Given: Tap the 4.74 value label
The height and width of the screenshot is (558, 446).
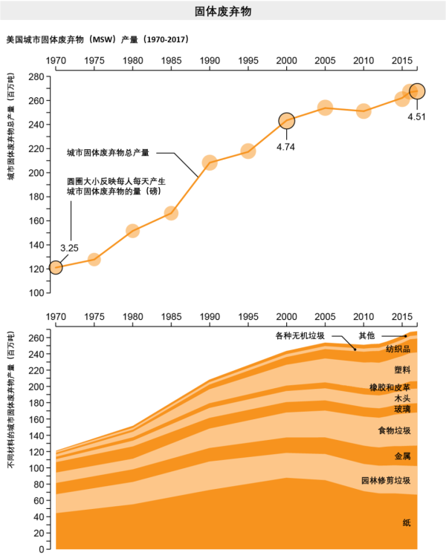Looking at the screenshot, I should coord(286,146).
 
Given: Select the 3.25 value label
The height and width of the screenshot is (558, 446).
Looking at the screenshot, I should coord(69,247).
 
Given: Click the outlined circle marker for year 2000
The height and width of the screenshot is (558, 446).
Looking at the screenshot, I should coord(287,121).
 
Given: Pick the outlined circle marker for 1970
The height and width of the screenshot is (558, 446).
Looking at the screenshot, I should coord(55,267).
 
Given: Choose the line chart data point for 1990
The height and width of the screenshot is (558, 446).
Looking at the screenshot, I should coord(210,163).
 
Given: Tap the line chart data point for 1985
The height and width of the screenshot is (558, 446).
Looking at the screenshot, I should coord(171,213).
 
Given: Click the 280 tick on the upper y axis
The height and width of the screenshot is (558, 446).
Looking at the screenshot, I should coord(35,76).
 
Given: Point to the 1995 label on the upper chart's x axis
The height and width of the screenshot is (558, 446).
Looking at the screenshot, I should coord(248,59).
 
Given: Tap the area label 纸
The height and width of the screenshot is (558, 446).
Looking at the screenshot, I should coord(407,523).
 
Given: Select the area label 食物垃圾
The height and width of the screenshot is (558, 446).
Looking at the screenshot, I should coord(395,430).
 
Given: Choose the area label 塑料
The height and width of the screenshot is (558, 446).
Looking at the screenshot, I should coord(403,369).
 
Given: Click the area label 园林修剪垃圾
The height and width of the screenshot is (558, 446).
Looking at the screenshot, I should coord(386,480).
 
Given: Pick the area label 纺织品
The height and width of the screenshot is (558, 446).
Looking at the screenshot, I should coord(398,349).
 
